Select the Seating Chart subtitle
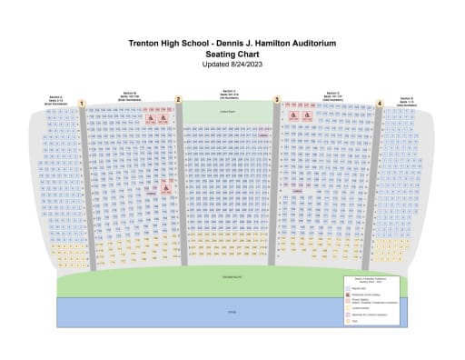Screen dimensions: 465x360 point(233,54)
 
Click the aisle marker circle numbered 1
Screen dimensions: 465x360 point(82,104)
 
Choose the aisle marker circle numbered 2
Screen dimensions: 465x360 point(178,100)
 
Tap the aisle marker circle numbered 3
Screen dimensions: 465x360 point(277,100)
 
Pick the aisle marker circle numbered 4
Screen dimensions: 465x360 point(379,104)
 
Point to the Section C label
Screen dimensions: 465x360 point(229,90)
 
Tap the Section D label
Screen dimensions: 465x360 point(333,92)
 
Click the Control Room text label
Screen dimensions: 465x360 point(227,112)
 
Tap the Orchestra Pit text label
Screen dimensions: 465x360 point(228,273)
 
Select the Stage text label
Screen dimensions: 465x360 point(229,311)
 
